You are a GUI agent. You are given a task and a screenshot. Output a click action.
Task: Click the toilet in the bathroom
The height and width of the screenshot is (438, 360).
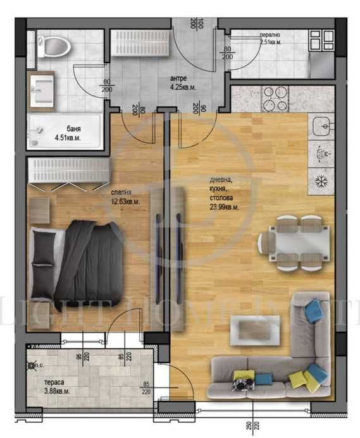(51, 46)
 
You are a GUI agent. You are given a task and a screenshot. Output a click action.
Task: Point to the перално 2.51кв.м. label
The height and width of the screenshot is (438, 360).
(270, 39)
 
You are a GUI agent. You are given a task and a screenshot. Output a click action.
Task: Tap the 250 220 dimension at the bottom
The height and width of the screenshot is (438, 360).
(251, 427)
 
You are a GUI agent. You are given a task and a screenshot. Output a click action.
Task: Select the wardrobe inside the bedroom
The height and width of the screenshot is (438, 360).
(68, 171)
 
